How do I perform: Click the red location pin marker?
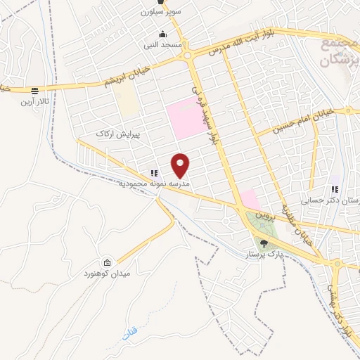181,165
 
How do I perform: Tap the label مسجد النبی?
163,44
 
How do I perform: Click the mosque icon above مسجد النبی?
163,34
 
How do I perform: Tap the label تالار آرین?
34,103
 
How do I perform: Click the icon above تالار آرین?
34,91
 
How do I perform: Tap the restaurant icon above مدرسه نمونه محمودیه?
153,173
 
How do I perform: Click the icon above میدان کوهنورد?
107,262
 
